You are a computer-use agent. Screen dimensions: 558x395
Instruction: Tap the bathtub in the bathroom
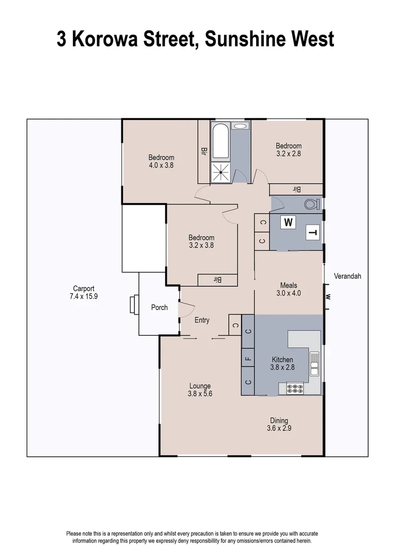pyautogui.click(x=220, y=141)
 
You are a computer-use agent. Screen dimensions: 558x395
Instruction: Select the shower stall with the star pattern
pyautogui.click(x=220, y=172)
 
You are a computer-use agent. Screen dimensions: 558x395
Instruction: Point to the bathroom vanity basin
pyautogui.click(x=240, y=126)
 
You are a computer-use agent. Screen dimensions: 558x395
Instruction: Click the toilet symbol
pyautogui.click(x=311, y=204)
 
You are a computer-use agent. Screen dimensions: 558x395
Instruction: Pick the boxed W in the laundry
pyautogui.click(x=288, y=223)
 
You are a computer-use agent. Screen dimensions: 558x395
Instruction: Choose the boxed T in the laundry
pyautogui.click(x=312, y=233)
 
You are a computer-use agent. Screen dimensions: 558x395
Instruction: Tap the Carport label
pyautogui.click(x=83, y=289)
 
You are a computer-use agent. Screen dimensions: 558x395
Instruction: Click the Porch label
pyautogui.click(x=159, y=307)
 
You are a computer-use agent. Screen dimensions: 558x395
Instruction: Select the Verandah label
pyautogui.click(x=347, y=276)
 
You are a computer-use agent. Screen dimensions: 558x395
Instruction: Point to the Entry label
pyautogui.click(x=202, y=320)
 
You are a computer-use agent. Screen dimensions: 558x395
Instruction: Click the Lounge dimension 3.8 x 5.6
pyautogui.click(x=200, y=394)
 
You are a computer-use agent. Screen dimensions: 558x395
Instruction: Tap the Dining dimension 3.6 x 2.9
pyautogui.click(x=279, y=428)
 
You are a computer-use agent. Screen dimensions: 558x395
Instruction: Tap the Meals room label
pyautogui.click(x=289, y=285)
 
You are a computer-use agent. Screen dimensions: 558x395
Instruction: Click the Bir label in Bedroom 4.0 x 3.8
pyautogui.click(x=204, y=151)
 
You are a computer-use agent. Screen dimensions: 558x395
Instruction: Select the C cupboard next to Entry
pyautogui.click(x=235, y=324)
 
